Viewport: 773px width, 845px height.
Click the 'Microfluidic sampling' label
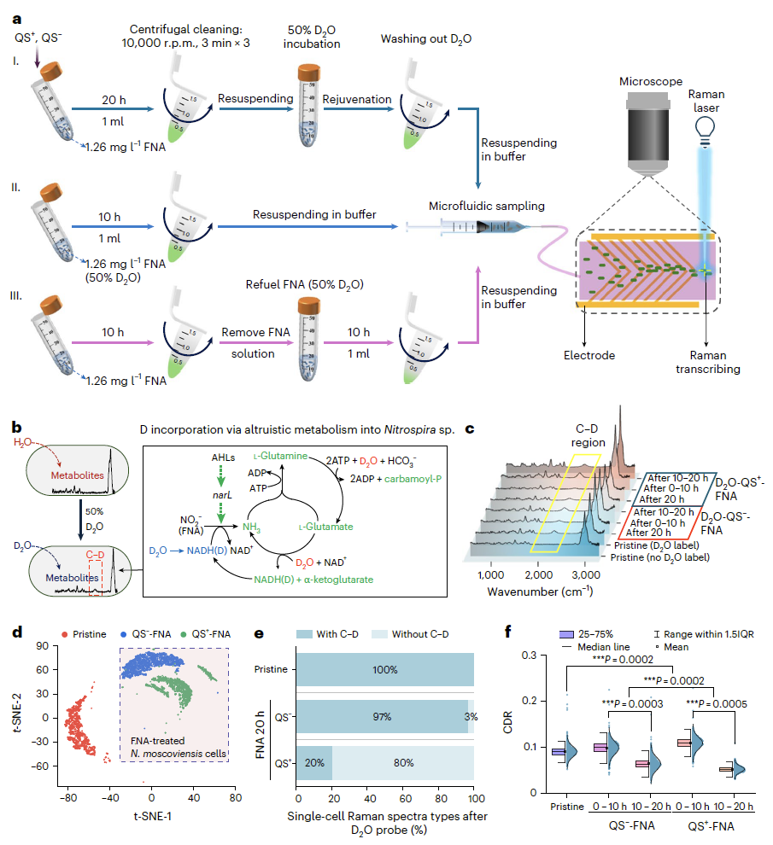[x=487, y=206]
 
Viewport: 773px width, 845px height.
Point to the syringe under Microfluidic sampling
[x=468, y=227]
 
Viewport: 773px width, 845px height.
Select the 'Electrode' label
[x=589, y=355]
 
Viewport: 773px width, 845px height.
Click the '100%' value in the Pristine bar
[x=385, y=669]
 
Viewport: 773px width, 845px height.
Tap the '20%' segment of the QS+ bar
[x=314, y=762]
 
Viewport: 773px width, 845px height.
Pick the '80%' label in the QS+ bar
[x=403, y=762]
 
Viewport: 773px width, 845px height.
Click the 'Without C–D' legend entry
[x=411, y=634]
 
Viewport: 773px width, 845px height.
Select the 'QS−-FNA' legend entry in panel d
[x=146, y=634]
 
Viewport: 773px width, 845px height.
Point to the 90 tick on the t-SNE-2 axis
[x=42, y=645]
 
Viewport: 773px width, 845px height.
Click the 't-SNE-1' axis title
[x=153, y=816]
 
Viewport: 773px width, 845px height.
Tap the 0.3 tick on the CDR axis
[x=530, y=656]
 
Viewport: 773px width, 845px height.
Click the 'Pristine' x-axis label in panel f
[x=567, y=807]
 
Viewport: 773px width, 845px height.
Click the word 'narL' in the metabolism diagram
[x=222, y=495]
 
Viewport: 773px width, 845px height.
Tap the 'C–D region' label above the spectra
[x=588, y=435]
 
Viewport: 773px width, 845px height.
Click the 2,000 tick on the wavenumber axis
[x=538, y=574]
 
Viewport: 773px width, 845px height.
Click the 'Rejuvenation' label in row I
[x=357, y=99]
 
